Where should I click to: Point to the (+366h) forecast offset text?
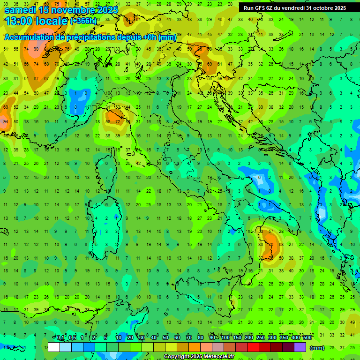pyautogui.click(x=83, y=21)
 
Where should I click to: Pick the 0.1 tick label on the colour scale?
pyautogui.click(x=60, y=338)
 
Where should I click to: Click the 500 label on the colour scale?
pyautogui.click(x=307, y=338)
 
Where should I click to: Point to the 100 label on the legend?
pyautogui.click(x=225, y=338)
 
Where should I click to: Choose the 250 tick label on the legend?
pyautogui.click(x=260, y=338)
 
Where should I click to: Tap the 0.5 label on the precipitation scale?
pyautogui.click(x=72, y=338)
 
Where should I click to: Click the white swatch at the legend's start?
pyautogui.click(x=54, y=347)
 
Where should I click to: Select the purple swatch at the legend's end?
pyautogui.click(x=300, y=347)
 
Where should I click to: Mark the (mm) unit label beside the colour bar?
pyautogui.click(x=317, y=348)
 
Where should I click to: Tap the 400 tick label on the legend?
pyautogui.click(x=295, y=338)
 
